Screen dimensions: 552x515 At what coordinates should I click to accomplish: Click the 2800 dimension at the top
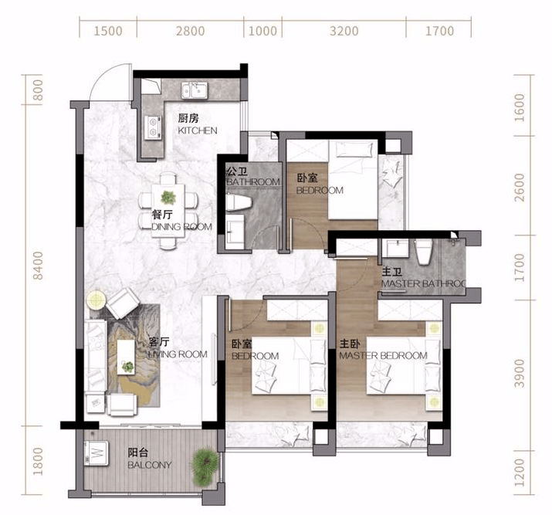point(191,31)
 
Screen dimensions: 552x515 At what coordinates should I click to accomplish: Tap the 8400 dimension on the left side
point(38,266)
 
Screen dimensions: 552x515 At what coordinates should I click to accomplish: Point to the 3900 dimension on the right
point(520,373)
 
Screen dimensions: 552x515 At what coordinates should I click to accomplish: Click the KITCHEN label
point(198,130)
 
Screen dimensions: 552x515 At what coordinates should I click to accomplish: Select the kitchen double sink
point(195,90)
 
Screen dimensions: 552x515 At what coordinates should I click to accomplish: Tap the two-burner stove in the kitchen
point(153,127)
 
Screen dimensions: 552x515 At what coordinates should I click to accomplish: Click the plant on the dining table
point(168,198)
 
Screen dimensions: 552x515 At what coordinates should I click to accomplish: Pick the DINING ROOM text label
point(182,227)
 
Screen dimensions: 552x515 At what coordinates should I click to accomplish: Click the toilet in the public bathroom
point(239,203)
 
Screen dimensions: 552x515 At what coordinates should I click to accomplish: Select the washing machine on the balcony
point(96,452)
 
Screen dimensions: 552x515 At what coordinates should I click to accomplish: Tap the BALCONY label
point(150,465)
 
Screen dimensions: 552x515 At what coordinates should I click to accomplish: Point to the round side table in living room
point(96,300)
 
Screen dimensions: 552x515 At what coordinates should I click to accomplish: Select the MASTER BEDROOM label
point(384,355)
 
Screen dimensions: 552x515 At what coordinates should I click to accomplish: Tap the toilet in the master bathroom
point(423,252)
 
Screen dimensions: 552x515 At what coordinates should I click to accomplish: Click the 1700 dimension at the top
point(440,31)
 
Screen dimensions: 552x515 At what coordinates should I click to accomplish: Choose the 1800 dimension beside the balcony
point(38,461)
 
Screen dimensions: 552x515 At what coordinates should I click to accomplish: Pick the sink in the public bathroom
point(235,229)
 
